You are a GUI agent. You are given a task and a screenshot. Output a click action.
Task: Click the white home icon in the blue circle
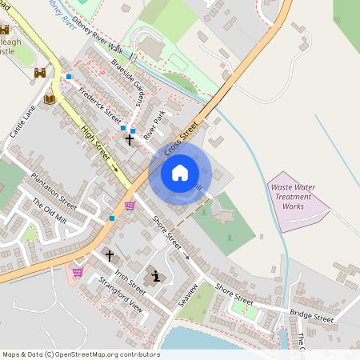[x=180, y=173]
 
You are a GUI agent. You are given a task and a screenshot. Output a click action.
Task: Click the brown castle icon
[x=39, y=73]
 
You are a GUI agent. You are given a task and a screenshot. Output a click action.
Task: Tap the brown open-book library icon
[x=50, y=98]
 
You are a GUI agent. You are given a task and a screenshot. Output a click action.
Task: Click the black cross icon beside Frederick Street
[x=130, y=139]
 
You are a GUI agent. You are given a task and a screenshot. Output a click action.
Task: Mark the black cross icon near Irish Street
[x=110, y=257]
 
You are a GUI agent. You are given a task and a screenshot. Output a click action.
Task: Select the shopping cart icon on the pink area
[x=78, y=272]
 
